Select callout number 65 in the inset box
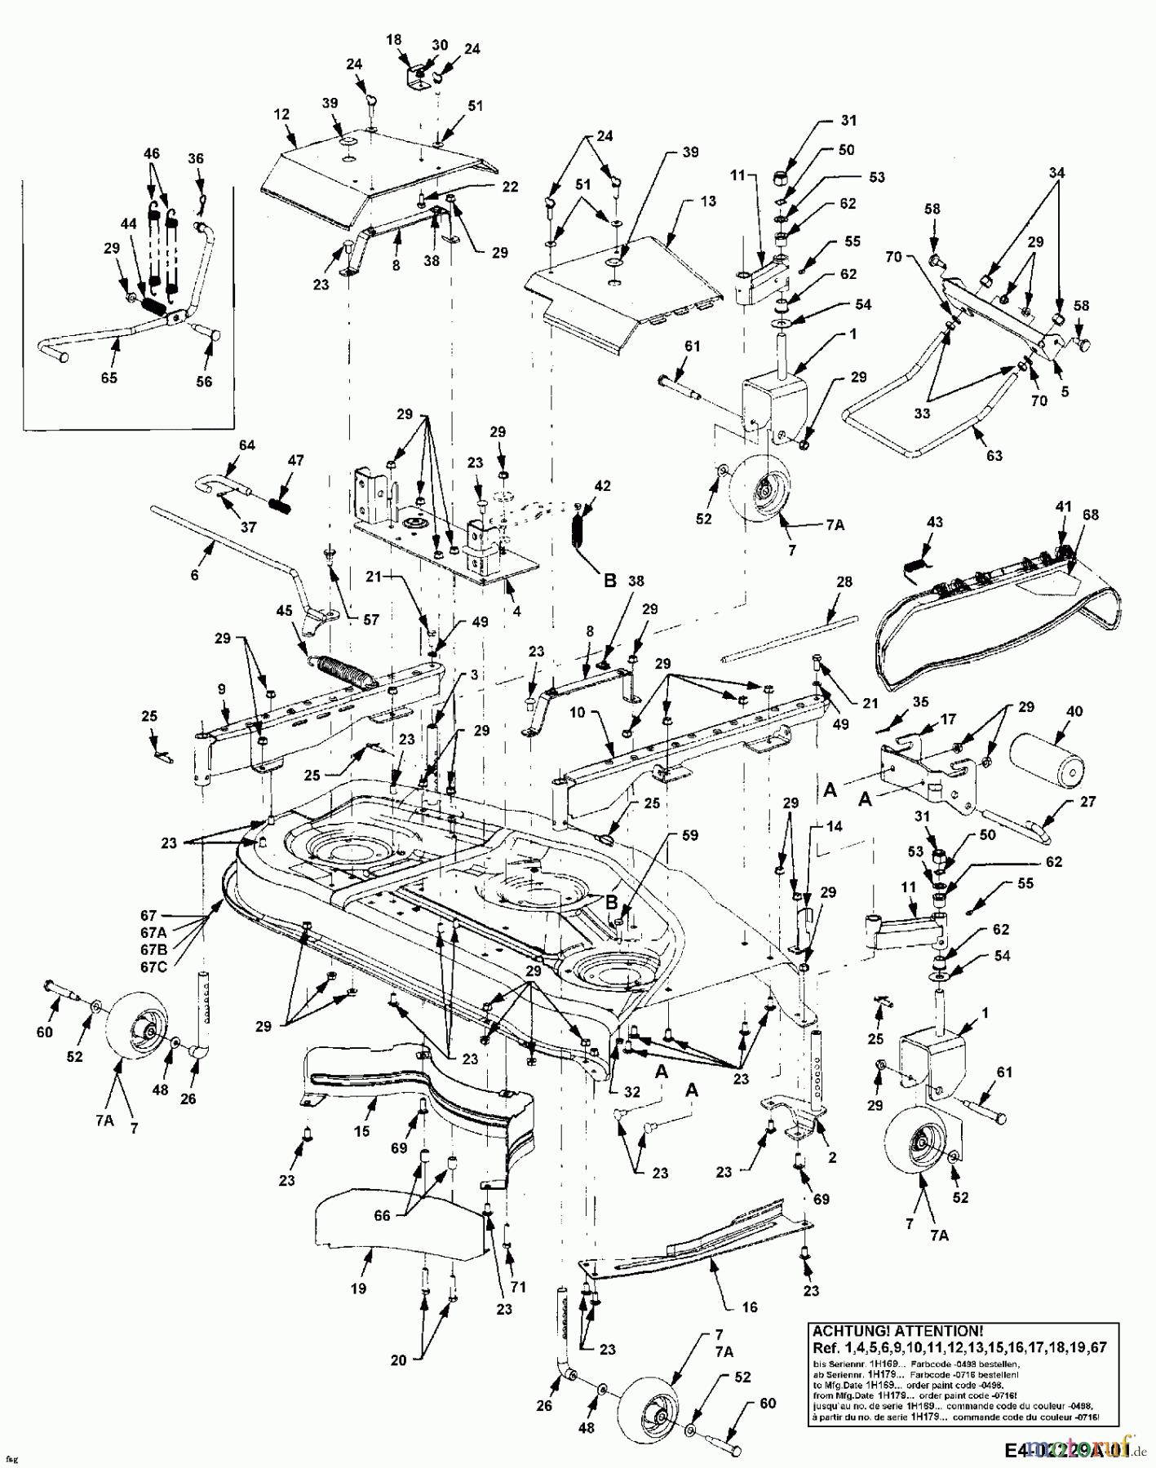pyautogui.click(x=109, y=378)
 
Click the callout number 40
pyautogui.click(x=1074, y=711)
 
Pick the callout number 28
pyautogui.click(x=844, y=581)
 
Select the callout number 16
pyautogui.click(x=749, y=1307)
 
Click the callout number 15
pyautogui.click(x=361, y=1130)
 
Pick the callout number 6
pyautogui.click(x=194, y=575)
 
